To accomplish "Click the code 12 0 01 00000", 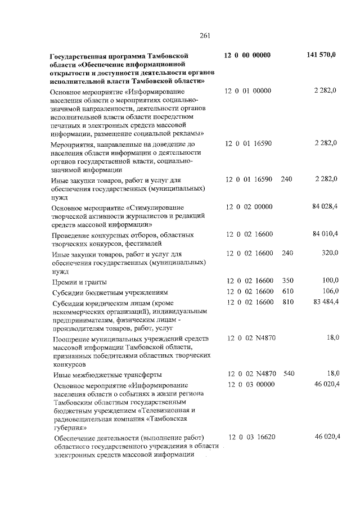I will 248,91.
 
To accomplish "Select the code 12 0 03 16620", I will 251,437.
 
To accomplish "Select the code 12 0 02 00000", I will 249,206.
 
